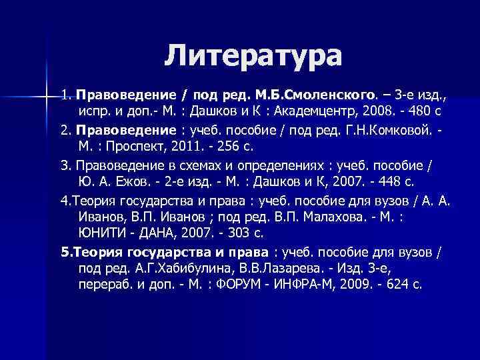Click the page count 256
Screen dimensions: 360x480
[x=233, y=145]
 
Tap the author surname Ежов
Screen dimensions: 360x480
[x=132, y=181]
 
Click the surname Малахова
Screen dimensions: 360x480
[x=340, y=217]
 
